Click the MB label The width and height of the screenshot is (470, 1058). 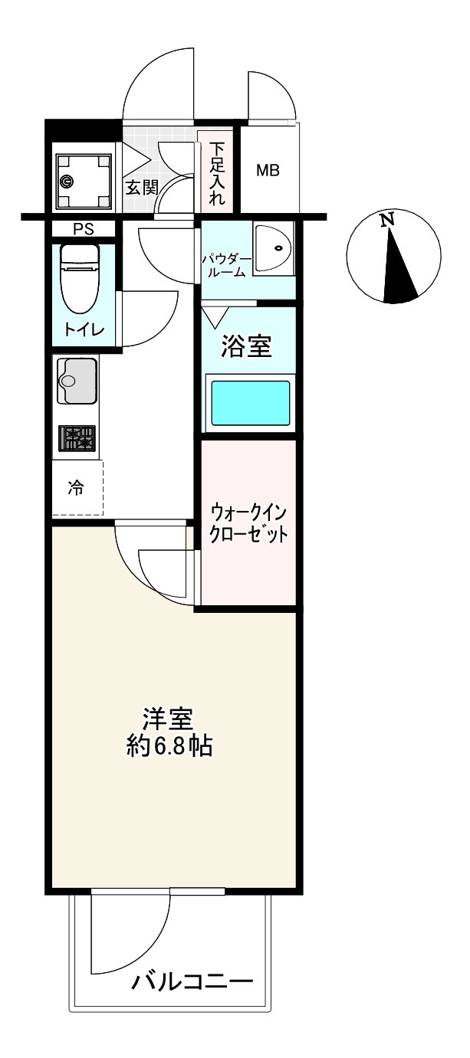(x=267, y=170)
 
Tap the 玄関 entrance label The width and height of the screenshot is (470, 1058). (x=140, y=188)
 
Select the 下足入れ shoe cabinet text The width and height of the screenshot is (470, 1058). (x=217, y=175)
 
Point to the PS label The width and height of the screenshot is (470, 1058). (x=81, y=228)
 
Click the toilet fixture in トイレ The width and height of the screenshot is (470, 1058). (x=81, y=277)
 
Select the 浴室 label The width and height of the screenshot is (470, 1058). (x=245, y=347)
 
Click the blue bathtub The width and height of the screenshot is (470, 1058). (x=250, y=403)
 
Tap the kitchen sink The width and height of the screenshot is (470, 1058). (x=77, y=381)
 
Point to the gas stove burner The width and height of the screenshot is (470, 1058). (x=77, y=440)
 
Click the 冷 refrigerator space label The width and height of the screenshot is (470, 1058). (x=76, y=487)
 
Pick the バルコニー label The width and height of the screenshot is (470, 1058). (x=192, y=981)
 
